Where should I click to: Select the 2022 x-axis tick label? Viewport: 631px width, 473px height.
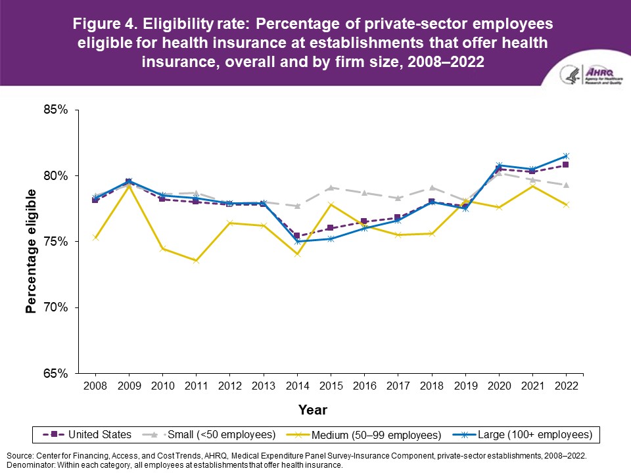coord(566,386)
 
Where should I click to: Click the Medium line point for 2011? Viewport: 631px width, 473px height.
coord(197,261)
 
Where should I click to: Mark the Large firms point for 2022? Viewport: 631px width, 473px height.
coord(566,156)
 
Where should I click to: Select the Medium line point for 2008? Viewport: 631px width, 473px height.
coord(96,237)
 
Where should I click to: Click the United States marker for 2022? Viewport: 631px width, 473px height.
coord(566,165)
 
